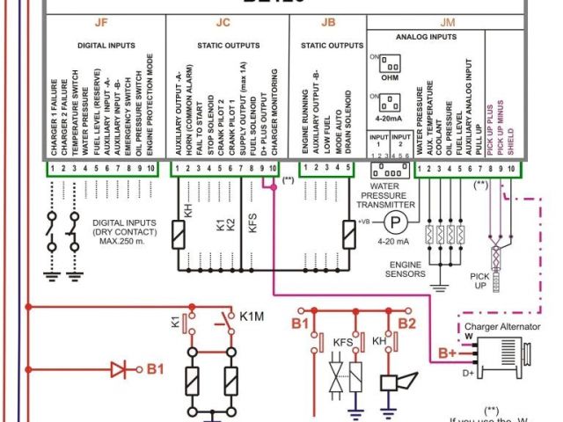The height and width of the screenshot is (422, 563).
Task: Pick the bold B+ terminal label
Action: [446, 353]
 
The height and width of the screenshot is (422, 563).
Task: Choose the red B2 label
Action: [406, 323]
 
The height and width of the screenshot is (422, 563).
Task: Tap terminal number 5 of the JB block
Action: [349, 168]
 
